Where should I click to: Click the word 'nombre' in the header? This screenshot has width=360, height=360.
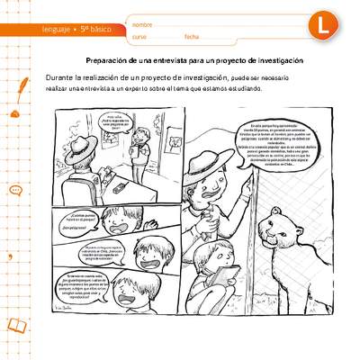pyautogui.click(x=142, y=22)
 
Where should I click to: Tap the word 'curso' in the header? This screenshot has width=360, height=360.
pyautogui.click(x=139, y=36)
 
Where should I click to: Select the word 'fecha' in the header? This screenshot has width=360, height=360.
pyautogui.click(x=191, y=36)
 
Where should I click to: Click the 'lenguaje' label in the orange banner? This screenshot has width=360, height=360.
pyautogui.click(x=59, y=30)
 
